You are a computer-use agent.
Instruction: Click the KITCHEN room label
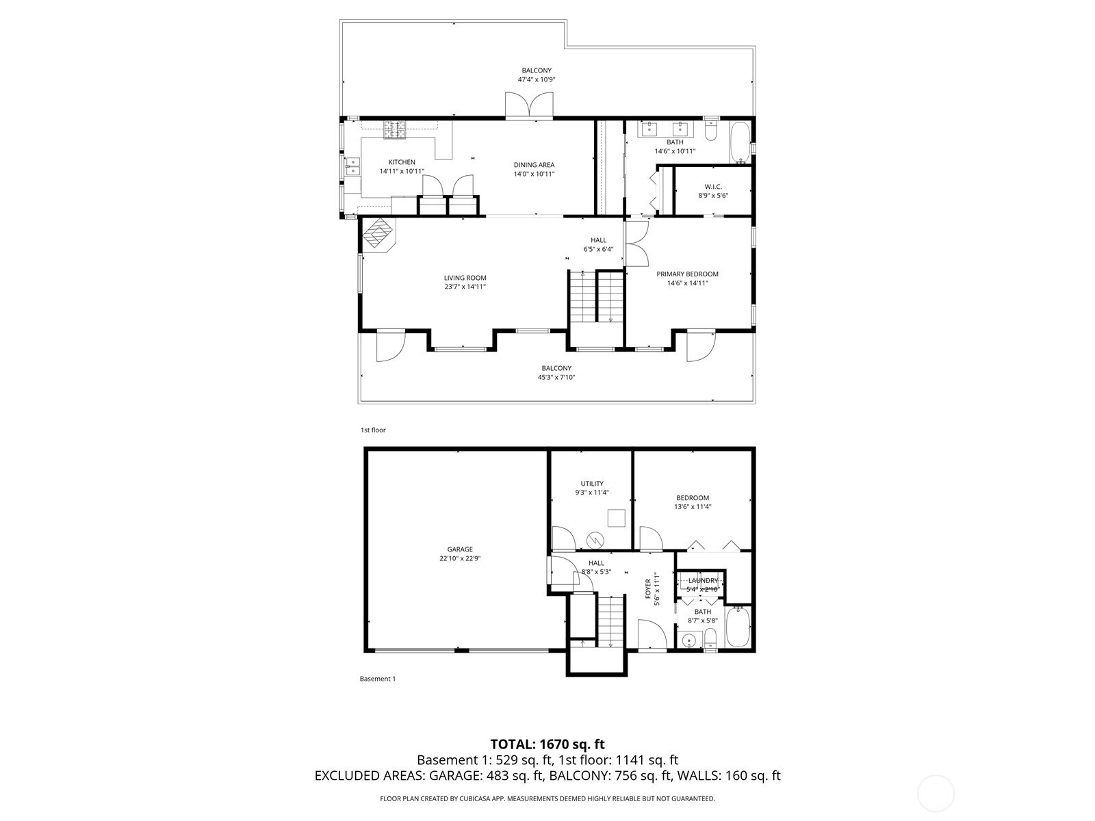pos(402,162)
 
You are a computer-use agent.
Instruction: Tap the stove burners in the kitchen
pos(395,129)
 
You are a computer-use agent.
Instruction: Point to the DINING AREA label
pos(534,165)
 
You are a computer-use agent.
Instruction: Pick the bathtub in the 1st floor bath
pos(739,142)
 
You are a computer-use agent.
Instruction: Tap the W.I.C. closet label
pos(713,187)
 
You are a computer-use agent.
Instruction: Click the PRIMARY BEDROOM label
pos(687,274)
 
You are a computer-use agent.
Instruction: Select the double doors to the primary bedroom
pos(637,244)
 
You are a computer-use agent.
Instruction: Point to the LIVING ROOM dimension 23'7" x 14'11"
pos(465,287)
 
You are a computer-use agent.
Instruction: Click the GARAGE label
pos(459,549)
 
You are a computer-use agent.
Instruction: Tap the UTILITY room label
pos(592,484)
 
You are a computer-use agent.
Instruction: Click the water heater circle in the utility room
pos(595,540)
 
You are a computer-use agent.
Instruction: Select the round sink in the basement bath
pos(690,640)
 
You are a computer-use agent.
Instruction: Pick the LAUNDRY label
pos(702,581)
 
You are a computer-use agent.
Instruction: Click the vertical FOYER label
pos(648,589)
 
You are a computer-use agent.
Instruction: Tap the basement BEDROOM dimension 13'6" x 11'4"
pos(693,506)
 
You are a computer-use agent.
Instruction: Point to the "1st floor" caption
pos(373,430)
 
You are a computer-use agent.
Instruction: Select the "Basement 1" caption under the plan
pos(378,679)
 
